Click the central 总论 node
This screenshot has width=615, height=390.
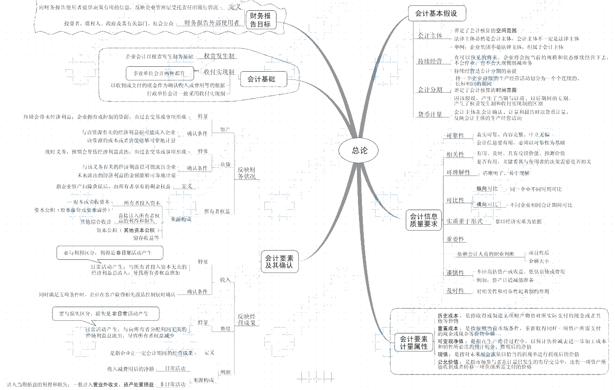(x=359, y=150)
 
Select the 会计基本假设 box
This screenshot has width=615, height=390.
(x=436, y=14)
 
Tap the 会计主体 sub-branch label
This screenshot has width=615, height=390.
(x=430, y=36)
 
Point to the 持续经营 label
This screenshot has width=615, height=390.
(x=430, y=61)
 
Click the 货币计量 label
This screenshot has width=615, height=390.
(x=430, y=114)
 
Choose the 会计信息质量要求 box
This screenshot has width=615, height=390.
(x=423, y=220)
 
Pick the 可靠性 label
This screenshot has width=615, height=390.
(x=455, y=136)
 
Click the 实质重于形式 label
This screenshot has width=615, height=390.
(x=464, y=221)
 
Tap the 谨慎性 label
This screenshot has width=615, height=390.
(x=455, y=273)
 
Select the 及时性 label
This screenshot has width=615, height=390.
(x=455, y=291)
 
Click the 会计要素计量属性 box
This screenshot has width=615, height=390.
(x=414, y=342)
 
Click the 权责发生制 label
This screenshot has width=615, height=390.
(x=219, y=56)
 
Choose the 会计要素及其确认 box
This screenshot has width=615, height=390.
(x=279, y=262)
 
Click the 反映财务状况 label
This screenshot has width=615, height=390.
(x=246, y=173)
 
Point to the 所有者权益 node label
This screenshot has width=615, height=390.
(x=217, y=211)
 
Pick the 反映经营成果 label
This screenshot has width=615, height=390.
(x=246, y=319)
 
